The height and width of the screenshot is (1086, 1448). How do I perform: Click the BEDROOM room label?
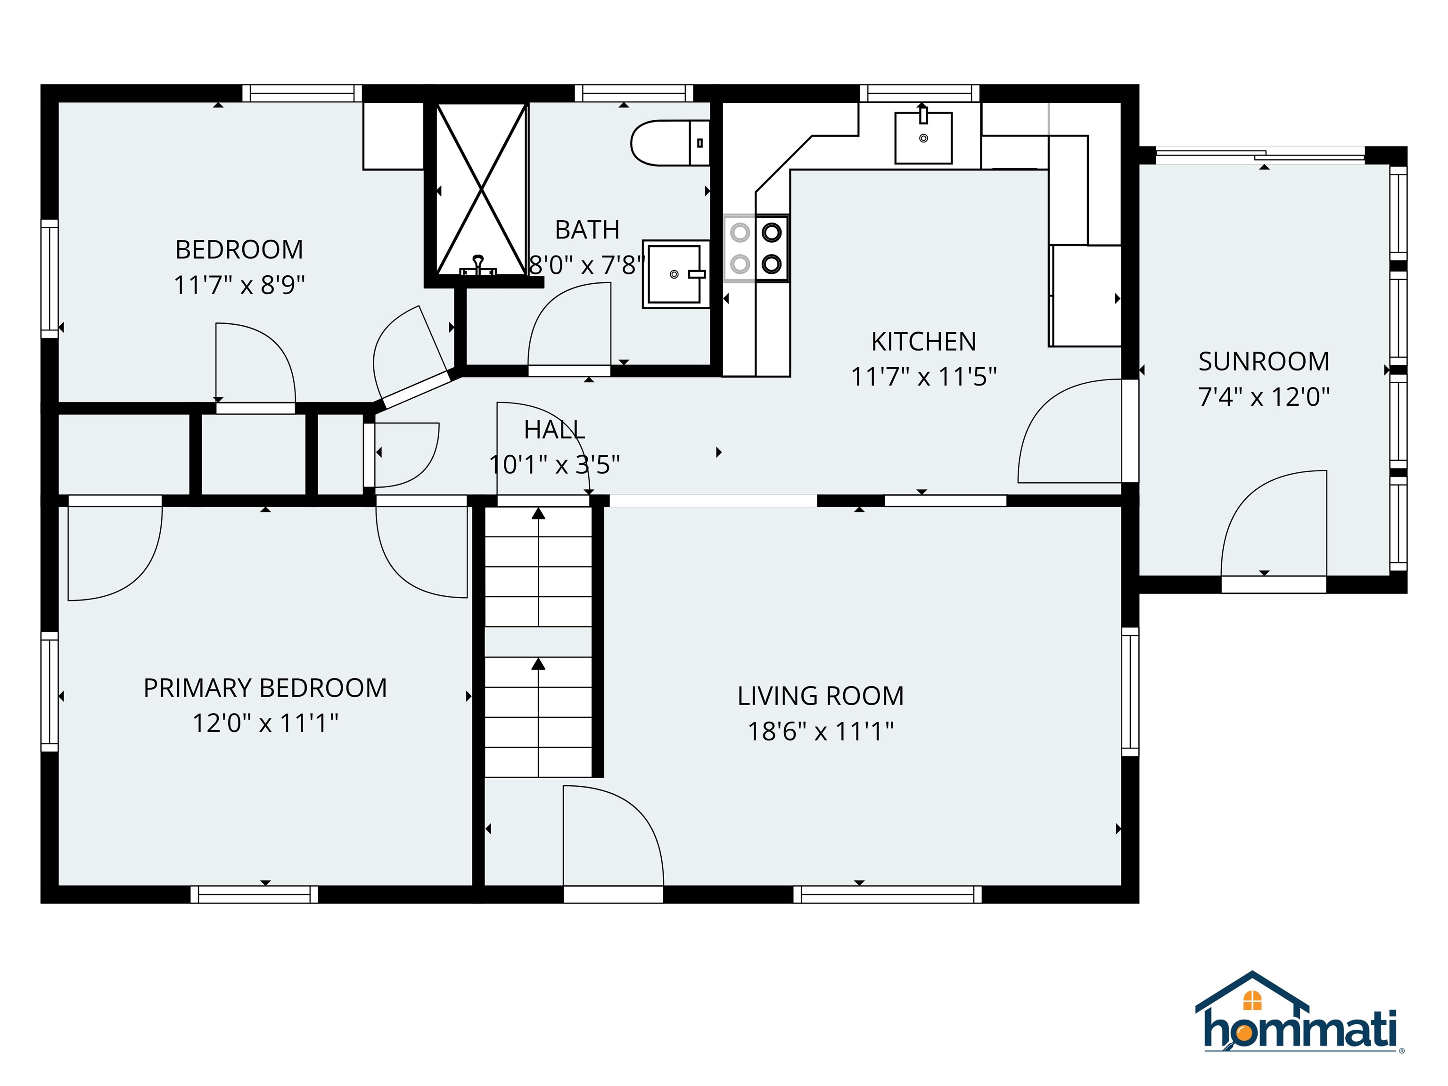click(239, 249)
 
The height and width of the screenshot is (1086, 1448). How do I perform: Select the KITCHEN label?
click(923, 342)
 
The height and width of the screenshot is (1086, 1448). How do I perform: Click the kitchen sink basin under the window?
click(923, 138)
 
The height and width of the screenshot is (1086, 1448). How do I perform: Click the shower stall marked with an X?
click(482, 190)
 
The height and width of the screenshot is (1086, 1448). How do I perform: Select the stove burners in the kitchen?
click(757, 249)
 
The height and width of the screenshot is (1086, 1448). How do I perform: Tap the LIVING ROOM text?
click(820, 696)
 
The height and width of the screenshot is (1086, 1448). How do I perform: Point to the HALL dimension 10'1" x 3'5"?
click(554, 465)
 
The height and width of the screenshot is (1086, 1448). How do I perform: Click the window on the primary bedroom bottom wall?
click(254, 894)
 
